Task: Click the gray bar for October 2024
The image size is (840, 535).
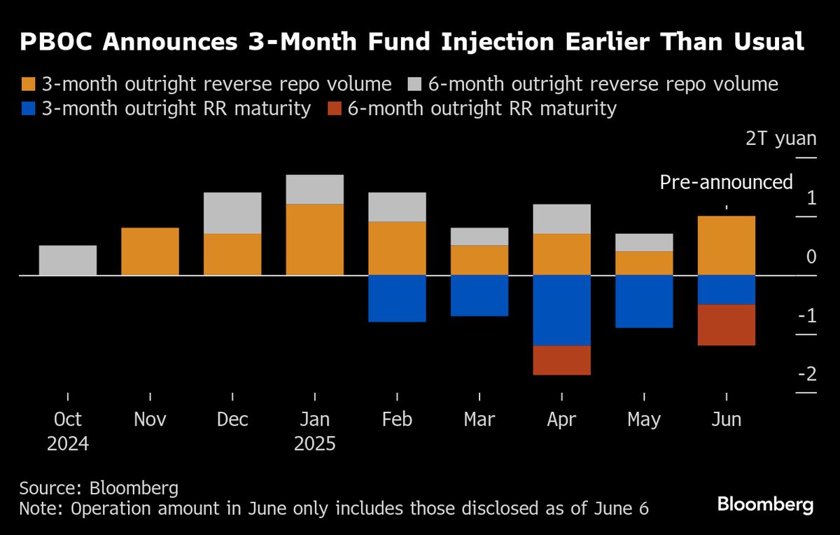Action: click(68, 260)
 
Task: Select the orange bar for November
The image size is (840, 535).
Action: click(150, 251)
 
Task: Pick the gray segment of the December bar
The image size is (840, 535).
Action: click(232, 213)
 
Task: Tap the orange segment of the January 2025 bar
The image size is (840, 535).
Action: click(314, 239)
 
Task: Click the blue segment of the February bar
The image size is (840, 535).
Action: click(397, 298)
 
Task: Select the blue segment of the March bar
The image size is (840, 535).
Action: click(479, 296)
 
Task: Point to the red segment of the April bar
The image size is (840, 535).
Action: click(561, 360)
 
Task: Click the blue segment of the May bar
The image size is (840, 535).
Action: click(644, 301)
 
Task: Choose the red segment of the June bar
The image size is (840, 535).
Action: click(727, 325)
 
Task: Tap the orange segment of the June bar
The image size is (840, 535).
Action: click(727, 245)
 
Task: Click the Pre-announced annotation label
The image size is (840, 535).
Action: click(726, 183)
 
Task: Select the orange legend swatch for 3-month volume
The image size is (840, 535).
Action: click(28, 85)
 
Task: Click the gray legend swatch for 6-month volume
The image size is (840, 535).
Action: click(415, 85)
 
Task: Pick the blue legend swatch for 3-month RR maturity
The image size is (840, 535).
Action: click(28, 109)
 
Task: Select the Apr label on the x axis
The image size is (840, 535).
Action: click(561, 419)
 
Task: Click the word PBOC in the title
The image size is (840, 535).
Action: click(59, 43)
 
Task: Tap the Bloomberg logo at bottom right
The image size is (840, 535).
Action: click(765, 504)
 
